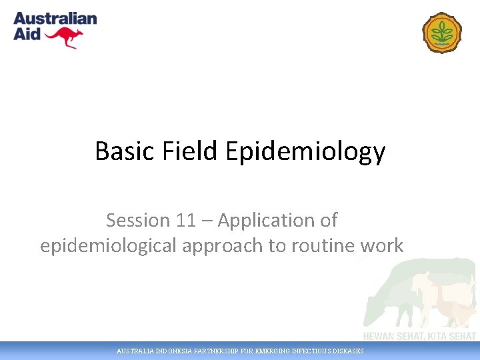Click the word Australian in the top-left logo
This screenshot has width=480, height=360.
coord(55,19)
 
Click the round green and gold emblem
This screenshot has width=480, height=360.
coord(441,32)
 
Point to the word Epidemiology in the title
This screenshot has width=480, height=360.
coord(305,152)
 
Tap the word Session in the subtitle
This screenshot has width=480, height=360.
coord(139,220)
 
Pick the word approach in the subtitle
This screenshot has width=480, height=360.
coord(219,246)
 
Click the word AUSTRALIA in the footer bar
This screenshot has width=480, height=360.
coord(134,351)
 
